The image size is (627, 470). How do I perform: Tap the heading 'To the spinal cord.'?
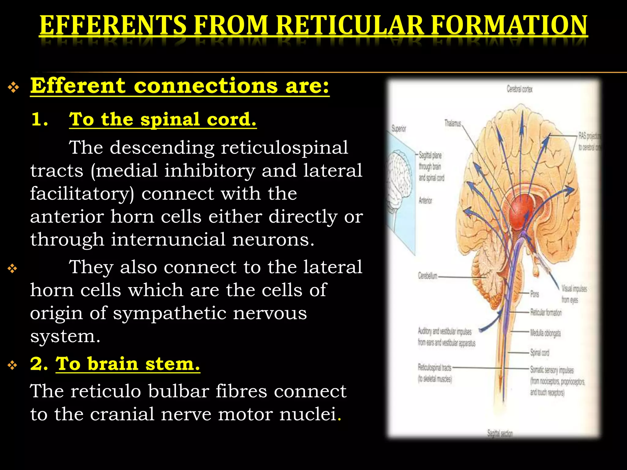[x=163, y=119]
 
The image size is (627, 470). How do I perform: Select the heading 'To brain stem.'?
[x=128, y=364]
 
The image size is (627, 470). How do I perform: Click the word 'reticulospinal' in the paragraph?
[x=284, y=148]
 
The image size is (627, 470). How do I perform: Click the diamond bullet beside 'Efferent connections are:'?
[x=13, y=88]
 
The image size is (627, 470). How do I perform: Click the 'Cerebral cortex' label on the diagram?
[x=520, y=89]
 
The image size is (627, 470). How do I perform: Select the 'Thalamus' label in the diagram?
[x=452, y=123]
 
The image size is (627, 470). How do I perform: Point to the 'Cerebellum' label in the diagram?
[x=427, y=276]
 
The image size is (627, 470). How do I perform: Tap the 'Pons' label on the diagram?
[x=535, y=294]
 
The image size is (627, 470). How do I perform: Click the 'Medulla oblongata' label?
[x=545, y=333]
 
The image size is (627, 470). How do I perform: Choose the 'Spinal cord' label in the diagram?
[x=539, y=353]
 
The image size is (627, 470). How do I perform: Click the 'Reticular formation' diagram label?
[x=546, y=312]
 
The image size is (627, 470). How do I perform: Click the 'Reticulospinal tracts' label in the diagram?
[x=434, y=367]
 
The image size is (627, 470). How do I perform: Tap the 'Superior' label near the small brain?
[x=399, y=129]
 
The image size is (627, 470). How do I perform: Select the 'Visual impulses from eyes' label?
[x=574, y=294]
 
